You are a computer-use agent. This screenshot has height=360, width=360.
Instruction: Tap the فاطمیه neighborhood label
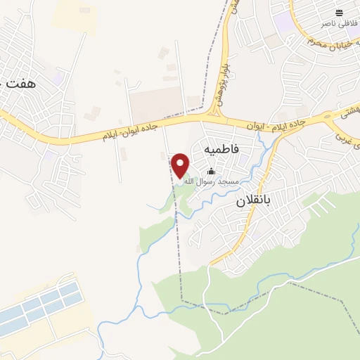[221, 150]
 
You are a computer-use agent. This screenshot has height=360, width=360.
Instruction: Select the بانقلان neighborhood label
[252, 202]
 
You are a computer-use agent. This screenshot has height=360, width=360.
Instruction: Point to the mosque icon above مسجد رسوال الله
[211, 171]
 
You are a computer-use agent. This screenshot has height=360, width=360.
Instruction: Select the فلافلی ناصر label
[336, 23]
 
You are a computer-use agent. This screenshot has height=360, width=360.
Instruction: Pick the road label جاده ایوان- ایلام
[134, 131]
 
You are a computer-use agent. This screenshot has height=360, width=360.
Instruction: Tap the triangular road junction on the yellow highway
[214, 112]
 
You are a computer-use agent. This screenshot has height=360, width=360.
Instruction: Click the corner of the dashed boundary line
[182, 300]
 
